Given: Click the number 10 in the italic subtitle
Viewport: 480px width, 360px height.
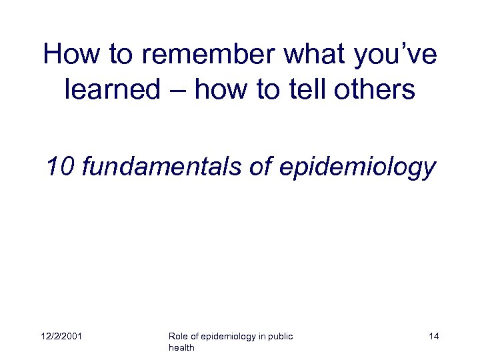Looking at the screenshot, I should click(61, 167).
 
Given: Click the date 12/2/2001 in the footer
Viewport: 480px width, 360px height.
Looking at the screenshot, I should click(60, 337).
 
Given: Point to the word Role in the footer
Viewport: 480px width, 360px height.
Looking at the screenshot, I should click(179, 337).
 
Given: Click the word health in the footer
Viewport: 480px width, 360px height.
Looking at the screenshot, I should click(181, 349).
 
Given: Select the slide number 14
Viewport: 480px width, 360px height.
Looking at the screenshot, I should click(433, 337).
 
